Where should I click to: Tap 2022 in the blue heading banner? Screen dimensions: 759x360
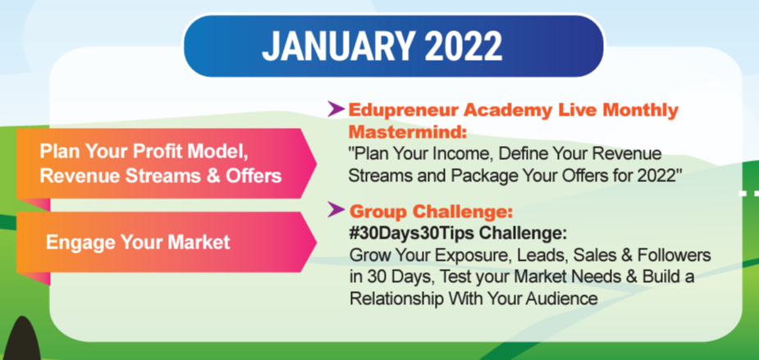coord(464,46)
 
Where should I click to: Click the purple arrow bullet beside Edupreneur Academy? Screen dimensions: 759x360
coord(336,109)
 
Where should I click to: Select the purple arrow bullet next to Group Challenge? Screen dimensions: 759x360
coord(336,210)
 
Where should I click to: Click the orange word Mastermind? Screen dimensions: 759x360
coord(405,131)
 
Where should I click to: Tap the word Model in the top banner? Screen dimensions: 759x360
coord(222,151)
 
